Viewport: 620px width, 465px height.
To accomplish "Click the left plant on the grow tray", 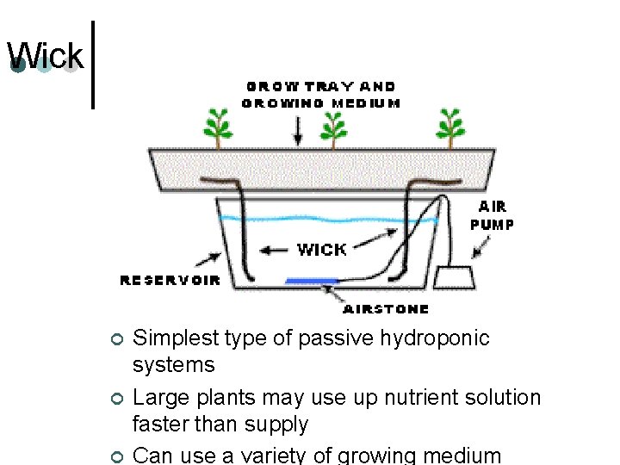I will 217,129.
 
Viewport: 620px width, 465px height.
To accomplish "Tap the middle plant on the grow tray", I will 333,129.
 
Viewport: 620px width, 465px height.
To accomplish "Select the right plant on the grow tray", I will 449,129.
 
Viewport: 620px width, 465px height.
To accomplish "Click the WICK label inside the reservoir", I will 321,250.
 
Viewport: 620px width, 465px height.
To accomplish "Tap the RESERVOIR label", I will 170,281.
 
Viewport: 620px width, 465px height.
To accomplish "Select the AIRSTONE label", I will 386,308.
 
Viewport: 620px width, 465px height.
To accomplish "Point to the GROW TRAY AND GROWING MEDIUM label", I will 321,95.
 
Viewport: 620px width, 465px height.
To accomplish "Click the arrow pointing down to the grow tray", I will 298,130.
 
